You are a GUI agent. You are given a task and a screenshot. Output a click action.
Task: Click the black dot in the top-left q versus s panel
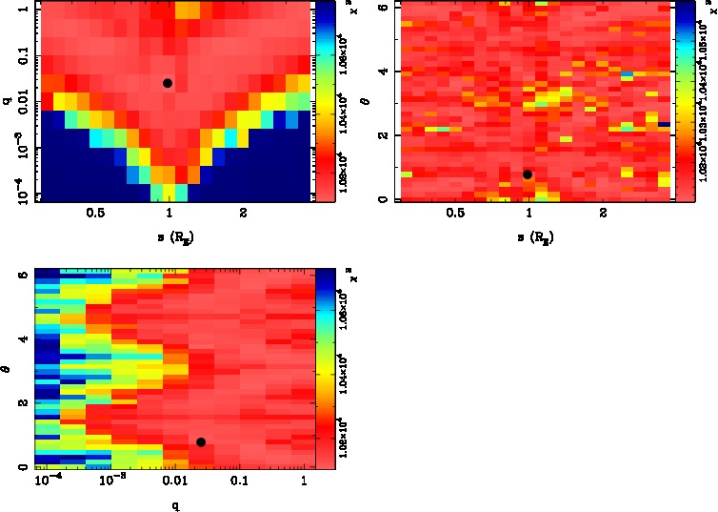pos(168,83)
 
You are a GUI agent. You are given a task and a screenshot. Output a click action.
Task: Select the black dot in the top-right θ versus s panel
pos(528,174)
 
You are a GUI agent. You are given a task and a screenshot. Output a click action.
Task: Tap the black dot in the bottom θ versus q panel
pos(201,441)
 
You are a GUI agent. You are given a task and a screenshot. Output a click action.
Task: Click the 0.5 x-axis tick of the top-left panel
pos(95,215)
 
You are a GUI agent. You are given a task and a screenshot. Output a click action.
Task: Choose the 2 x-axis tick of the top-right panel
pos(604,215)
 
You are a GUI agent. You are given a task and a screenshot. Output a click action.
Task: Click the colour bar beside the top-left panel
pos(325,100)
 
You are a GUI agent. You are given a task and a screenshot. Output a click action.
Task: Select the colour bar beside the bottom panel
pos(325,368)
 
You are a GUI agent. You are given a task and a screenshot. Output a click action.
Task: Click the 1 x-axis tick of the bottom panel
pos(303,481)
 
